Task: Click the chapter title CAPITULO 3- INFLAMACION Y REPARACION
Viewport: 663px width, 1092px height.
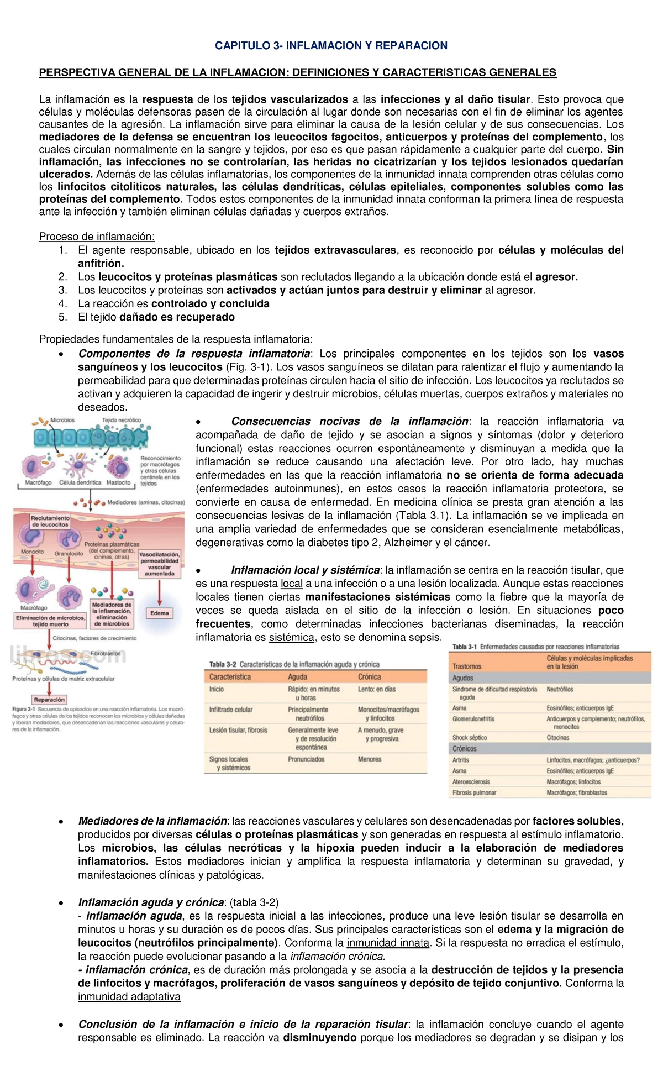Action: tap(331, 46)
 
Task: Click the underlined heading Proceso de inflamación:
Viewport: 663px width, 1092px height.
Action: tap(97, 237)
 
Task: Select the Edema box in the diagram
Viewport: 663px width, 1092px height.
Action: tap(159, 613)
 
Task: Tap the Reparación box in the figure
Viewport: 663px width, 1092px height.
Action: tap(49, 700)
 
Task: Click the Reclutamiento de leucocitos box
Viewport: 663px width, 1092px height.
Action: tap(50, 521)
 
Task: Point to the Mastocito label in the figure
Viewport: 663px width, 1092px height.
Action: tap(118, 482)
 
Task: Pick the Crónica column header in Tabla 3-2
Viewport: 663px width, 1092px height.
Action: tap(369, 677)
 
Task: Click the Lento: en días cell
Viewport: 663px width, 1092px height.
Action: tap(377, 689)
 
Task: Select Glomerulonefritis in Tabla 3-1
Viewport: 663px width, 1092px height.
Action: tap(473, 719)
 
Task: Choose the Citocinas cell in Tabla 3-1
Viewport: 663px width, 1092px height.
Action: tap(557, 738)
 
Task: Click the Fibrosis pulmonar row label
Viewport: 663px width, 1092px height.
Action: tap(474, 792)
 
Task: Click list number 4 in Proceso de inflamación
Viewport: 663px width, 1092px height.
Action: tap(63, 303)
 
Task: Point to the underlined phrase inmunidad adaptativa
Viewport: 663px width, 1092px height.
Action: tap(129, 996)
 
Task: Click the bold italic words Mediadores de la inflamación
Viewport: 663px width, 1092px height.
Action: tap(152, 821)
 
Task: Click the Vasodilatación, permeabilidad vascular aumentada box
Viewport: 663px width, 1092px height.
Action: tap(159, 564)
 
